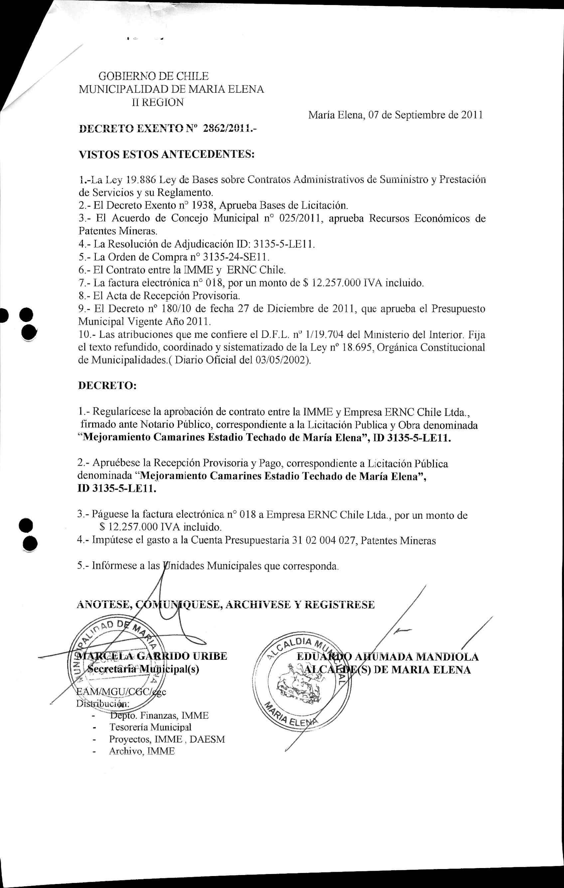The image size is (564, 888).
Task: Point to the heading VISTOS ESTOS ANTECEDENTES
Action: (x=167, y=154)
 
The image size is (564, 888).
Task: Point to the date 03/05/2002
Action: (x=281, y=360)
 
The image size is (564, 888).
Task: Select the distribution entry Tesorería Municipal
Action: (x=150, y=727)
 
